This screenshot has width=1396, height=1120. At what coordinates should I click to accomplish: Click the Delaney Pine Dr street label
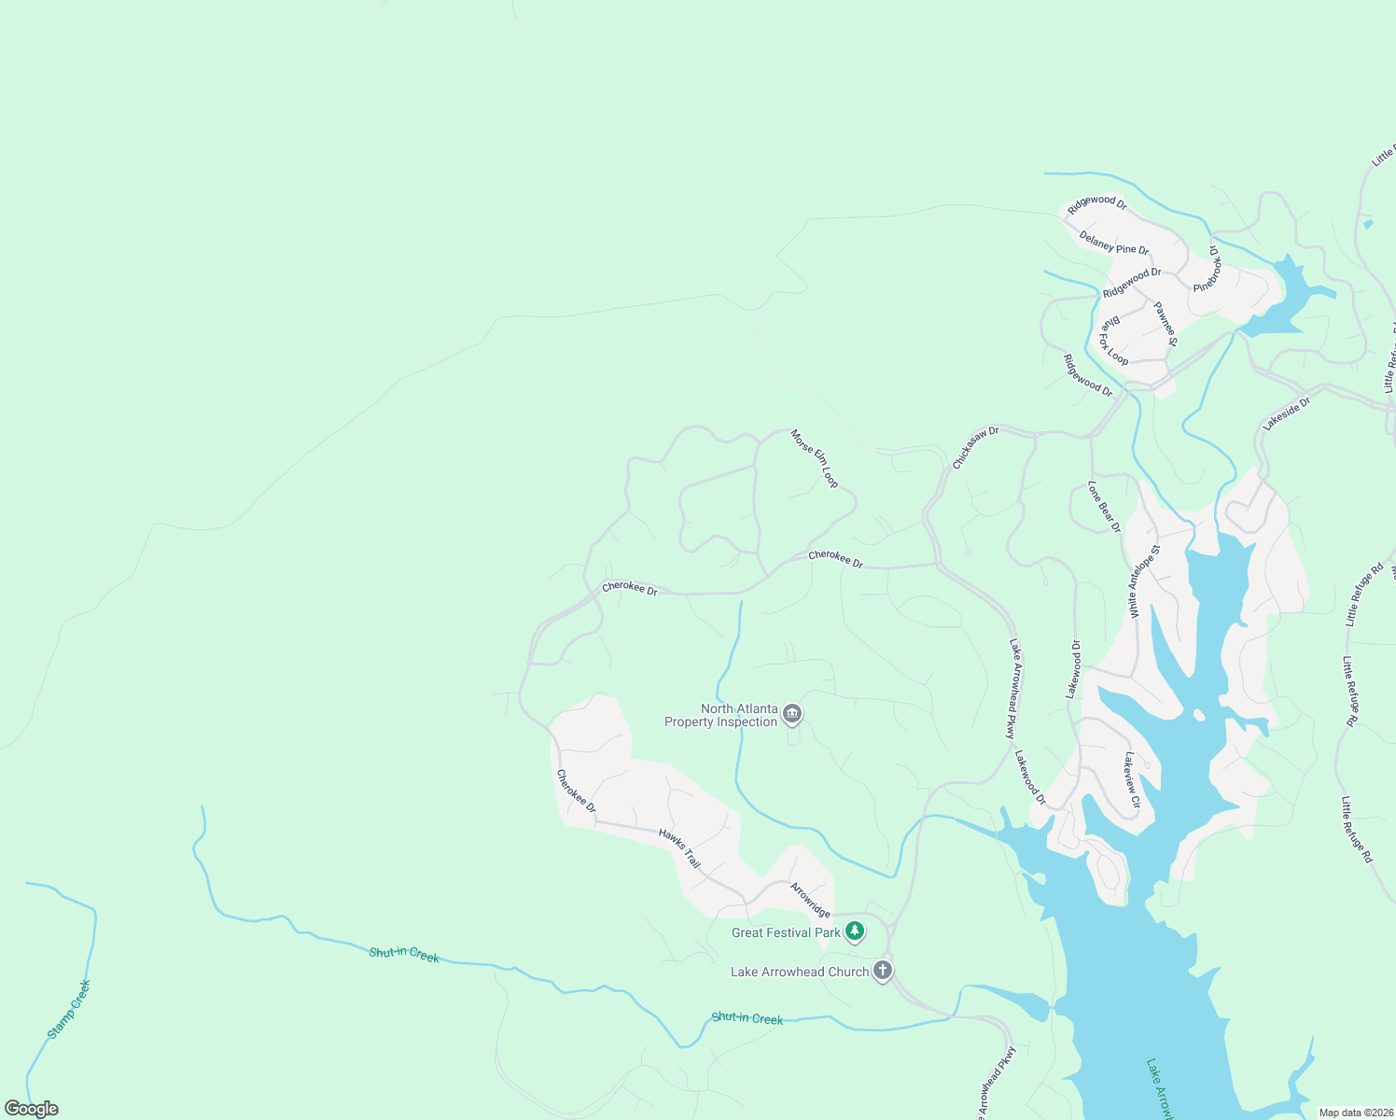point(1114,243)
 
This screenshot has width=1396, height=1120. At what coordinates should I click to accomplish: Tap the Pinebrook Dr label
point(1208,270)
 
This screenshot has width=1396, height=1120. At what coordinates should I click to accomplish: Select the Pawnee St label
point(1166,323)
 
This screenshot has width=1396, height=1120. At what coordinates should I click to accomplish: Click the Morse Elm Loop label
point(815,458)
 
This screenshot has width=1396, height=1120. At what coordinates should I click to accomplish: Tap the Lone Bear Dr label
point(1104,507)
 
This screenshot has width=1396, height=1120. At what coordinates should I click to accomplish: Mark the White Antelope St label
point(1144,581)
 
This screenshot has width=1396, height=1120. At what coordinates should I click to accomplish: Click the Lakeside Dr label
point(1287,413)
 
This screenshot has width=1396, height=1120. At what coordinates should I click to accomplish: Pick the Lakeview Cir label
point(1132,779)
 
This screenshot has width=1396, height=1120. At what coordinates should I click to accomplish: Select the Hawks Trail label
point(679,848)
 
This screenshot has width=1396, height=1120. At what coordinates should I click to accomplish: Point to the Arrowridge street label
point(810,900)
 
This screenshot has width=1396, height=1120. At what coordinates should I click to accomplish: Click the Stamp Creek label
point(69,1009)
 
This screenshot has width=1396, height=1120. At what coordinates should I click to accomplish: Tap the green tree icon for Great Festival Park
point(855,931)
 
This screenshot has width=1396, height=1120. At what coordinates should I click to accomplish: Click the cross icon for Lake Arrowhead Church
point(882,971)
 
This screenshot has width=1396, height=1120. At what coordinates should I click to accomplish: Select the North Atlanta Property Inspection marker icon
point(791,715)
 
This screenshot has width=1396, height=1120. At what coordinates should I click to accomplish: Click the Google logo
point(32,1109)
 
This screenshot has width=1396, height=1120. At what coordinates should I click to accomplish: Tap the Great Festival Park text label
point(786,932)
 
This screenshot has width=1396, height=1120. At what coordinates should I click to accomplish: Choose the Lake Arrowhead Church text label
point(800,972)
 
